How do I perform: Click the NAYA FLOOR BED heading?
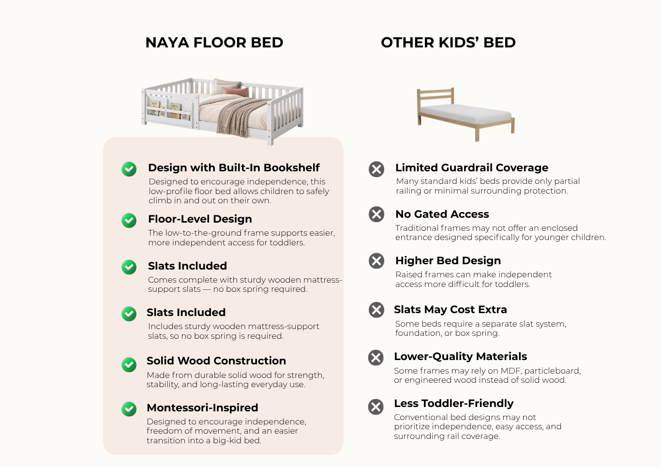point(214,43)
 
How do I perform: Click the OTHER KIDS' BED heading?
point(448,43)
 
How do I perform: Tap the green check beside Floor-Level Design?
point(129,220)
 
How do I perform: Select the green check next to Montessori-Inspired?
point(129,409)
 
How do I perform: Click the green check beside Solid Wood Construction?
point(129,364)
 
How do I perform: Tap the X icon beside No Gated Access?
point(376,214)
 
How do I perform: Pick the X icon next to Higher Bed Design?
point(376,261)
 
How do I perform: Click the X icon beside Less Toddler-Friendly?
point(376,407)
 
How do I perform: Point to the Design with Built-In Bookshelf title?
point(234,167)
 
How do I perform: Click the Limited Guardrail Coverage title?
point(472,167)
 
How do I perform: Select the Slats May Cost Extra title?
point(451,309)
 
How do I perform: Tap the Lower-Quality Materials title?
point(460,357)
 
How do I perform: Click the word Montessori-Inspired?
point(202,407)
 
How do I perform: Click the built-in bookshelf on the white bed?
point(169,110)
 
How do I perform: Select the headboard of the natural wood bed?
point(436,96)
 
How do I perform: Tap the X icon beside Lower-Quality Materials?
point(376,358)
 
